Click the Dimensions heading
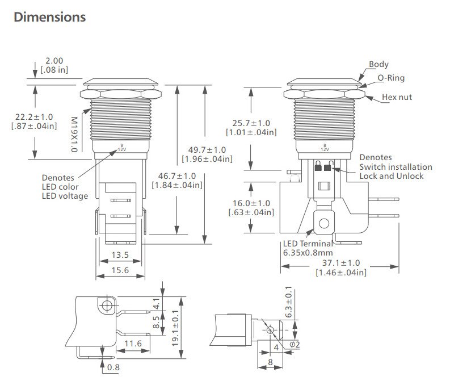[x=49, y=17]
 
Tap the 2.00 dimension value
[x=54, y=61]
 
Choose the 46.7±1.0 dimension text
[x=176, y=176]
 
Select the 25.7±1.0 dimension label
[x=251, y=123]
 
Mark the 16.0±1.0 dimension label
[x=251, y=203]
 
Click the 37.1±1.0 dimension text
[x=340, y=263]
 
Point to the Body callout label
[x=378, y=65]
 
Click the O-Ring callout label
[x=391, y=78]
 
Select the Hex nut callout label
[x=397, y=97]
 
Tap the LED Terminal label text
[x=307, y=244]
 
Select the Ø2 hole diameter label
[x=295, y=344]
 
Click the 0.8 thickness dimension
[x=113, y=368]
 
